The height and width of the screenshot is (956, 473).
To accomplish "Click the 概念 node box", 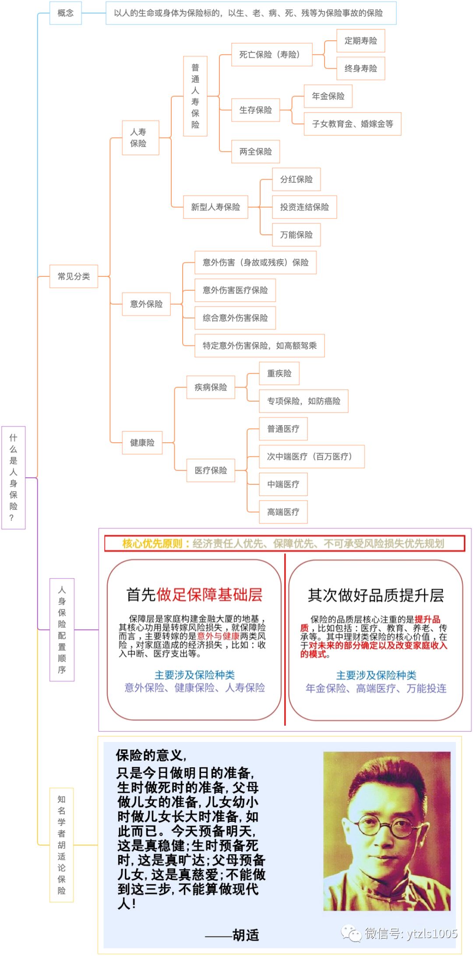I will click(x=65, y=13).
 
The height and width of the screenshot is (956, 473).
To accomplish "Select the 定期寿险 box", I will click(x=360, y=41).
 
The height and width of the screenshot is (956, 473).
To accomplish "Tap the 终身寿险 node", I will click(x=360, y=68).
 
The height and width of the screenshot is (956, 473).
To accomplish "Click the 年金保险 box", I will click(x=328, y=96).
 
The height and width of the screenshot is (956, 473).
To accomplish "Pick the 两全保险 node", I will click(x=255, y=152).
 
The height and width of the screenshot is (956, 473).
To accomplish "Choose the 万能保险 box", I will click(x=296, y=235).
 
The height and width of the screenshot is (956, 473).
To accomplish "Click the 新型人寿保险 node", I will click(x=215, y=207).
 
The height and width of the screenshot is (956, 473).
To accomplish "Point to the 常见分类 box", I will click(x=74, y=276).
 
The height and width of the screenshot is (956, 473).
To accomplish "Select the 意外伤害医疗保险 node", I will click(x=235, y=290).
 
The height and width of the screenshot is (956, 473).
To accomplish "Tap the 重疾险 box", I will click(x=279, y=373).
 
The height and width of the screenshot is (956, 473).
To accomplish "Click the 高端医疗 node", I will click(x=283, y=512).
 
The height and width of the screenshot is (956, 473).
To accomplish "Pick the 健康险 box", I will click(x=142, y=443).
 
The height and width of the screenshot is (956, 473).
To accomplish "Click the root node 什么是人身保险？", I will click(x=14, y=477).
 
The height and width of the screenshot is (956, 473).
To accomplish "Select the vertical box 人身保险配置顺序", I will click(x=62, y=629).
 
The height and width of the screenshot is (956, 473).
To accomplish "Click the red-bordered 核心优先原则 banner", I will click(x=284, y=543).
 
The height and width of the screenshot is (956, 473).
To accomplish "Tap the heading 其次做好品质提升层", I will click(x=376, y=595).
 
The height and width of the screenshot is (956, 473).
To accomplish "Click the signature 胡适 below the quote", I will click(x=246, y=935).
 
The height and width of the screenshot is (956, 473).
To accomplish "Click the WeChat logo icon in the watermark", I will click(x=352, y=933).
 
